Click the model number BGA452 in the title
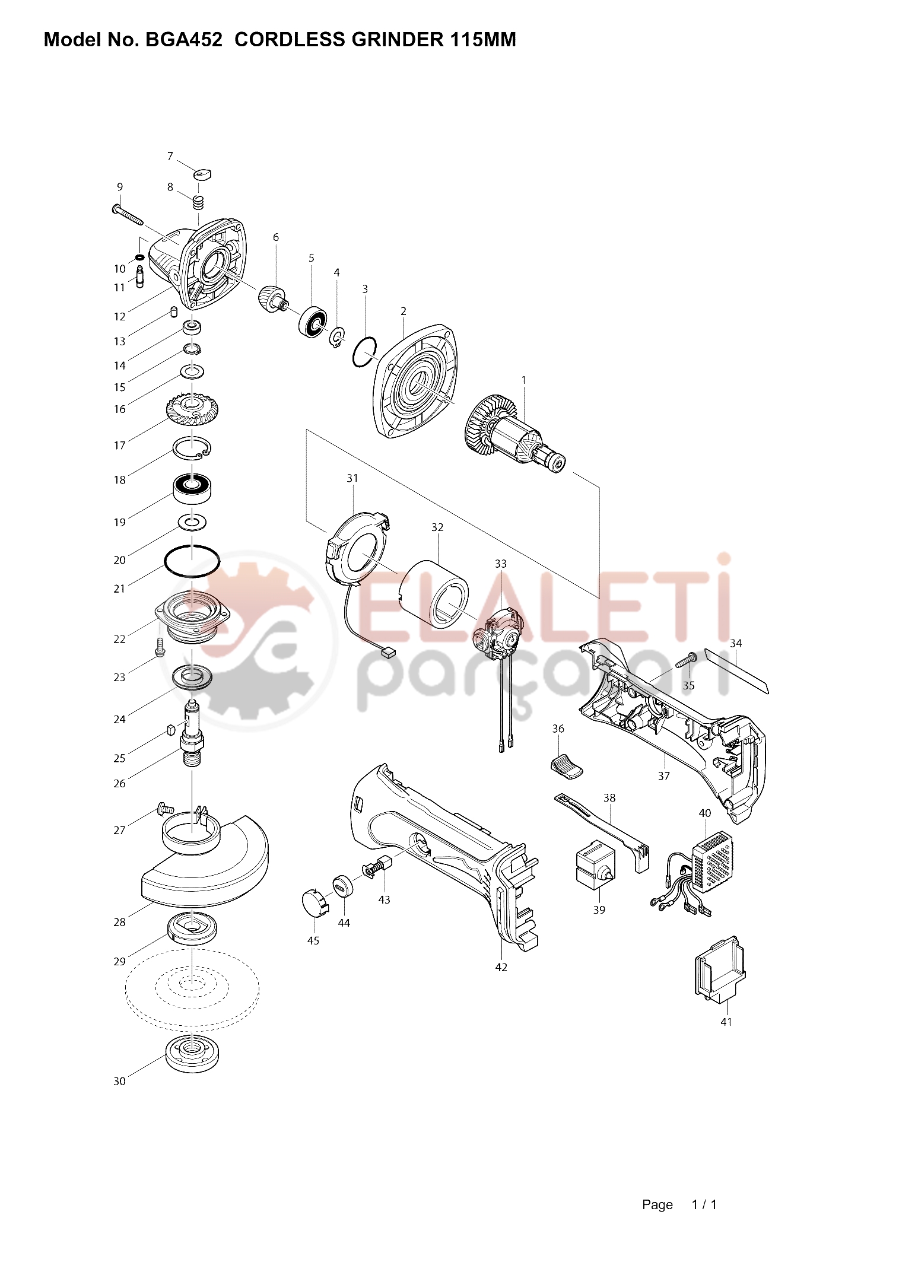point(184,40)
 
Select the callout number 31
point(352,478)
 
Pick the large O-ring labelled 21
point(192,561)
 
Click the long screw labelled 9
point(128,215)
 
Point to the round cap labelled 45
point(315,904)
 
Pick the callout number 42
point(501,967)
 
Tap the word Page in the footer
point(657,1205)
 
